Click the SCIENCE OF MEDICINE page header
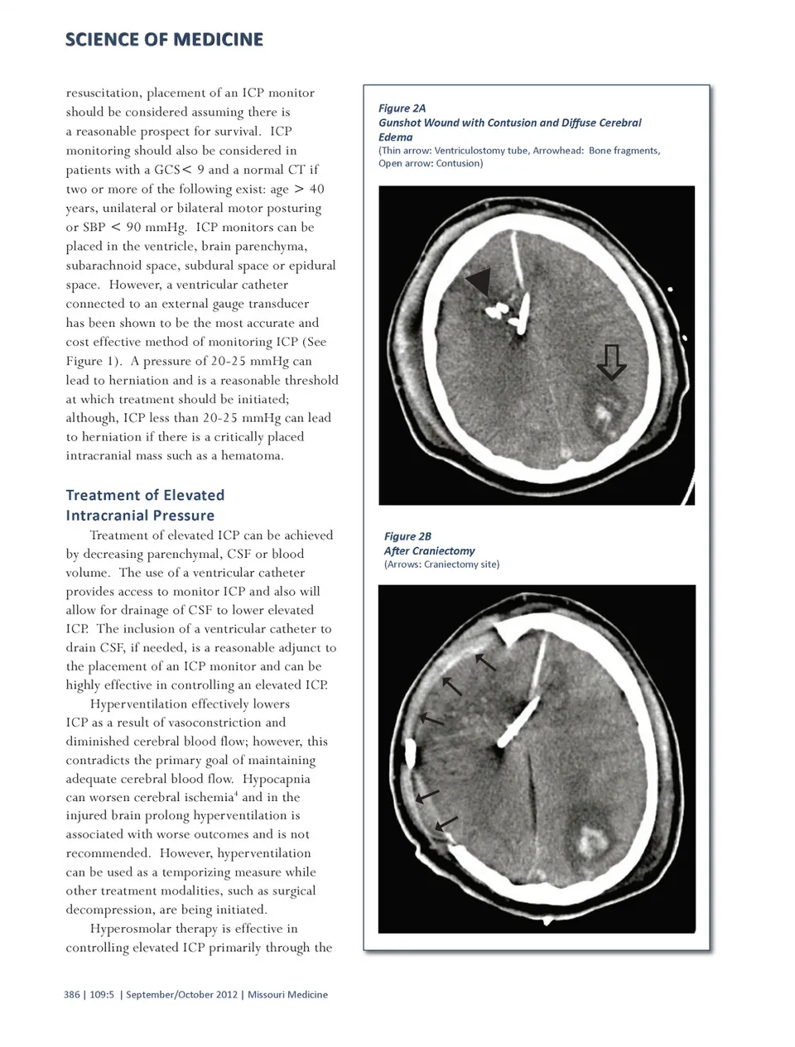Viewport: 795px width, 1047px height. [x=164, y=40]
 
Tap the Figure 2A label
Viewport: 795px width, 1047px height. [x=402, y=108]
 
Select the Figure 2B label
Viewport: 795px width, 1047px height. [x=407, y=536]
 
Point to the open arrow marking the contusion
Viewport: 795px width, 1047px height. [x=611, y=361]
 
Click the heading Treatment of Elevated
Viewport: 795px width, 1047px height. [x=145, y=495]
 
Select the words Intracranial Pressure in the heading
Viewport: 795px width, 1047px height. [x=140, y=515]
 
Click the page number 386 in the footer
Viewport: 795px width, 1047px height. [x=71, y=995]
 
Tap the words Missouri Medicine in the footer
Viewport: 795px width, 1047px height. [x=287, y=995]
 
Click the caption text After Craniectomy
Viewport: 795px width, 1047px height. [x=429, y=550]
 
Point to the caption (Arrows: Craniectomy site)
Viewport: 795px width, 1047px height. [x=441, y=564]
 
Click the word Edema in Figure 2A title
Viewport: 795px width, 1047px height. [x=395, y=137]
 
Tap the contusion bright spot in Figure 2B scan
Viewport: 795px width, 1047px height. [x=591, y=842]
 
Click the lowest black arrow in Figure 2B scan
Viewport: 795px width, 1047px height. [x=446, y=823]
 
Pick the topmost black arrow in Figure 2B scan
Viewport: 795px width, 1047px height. [x=485, y=662]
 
